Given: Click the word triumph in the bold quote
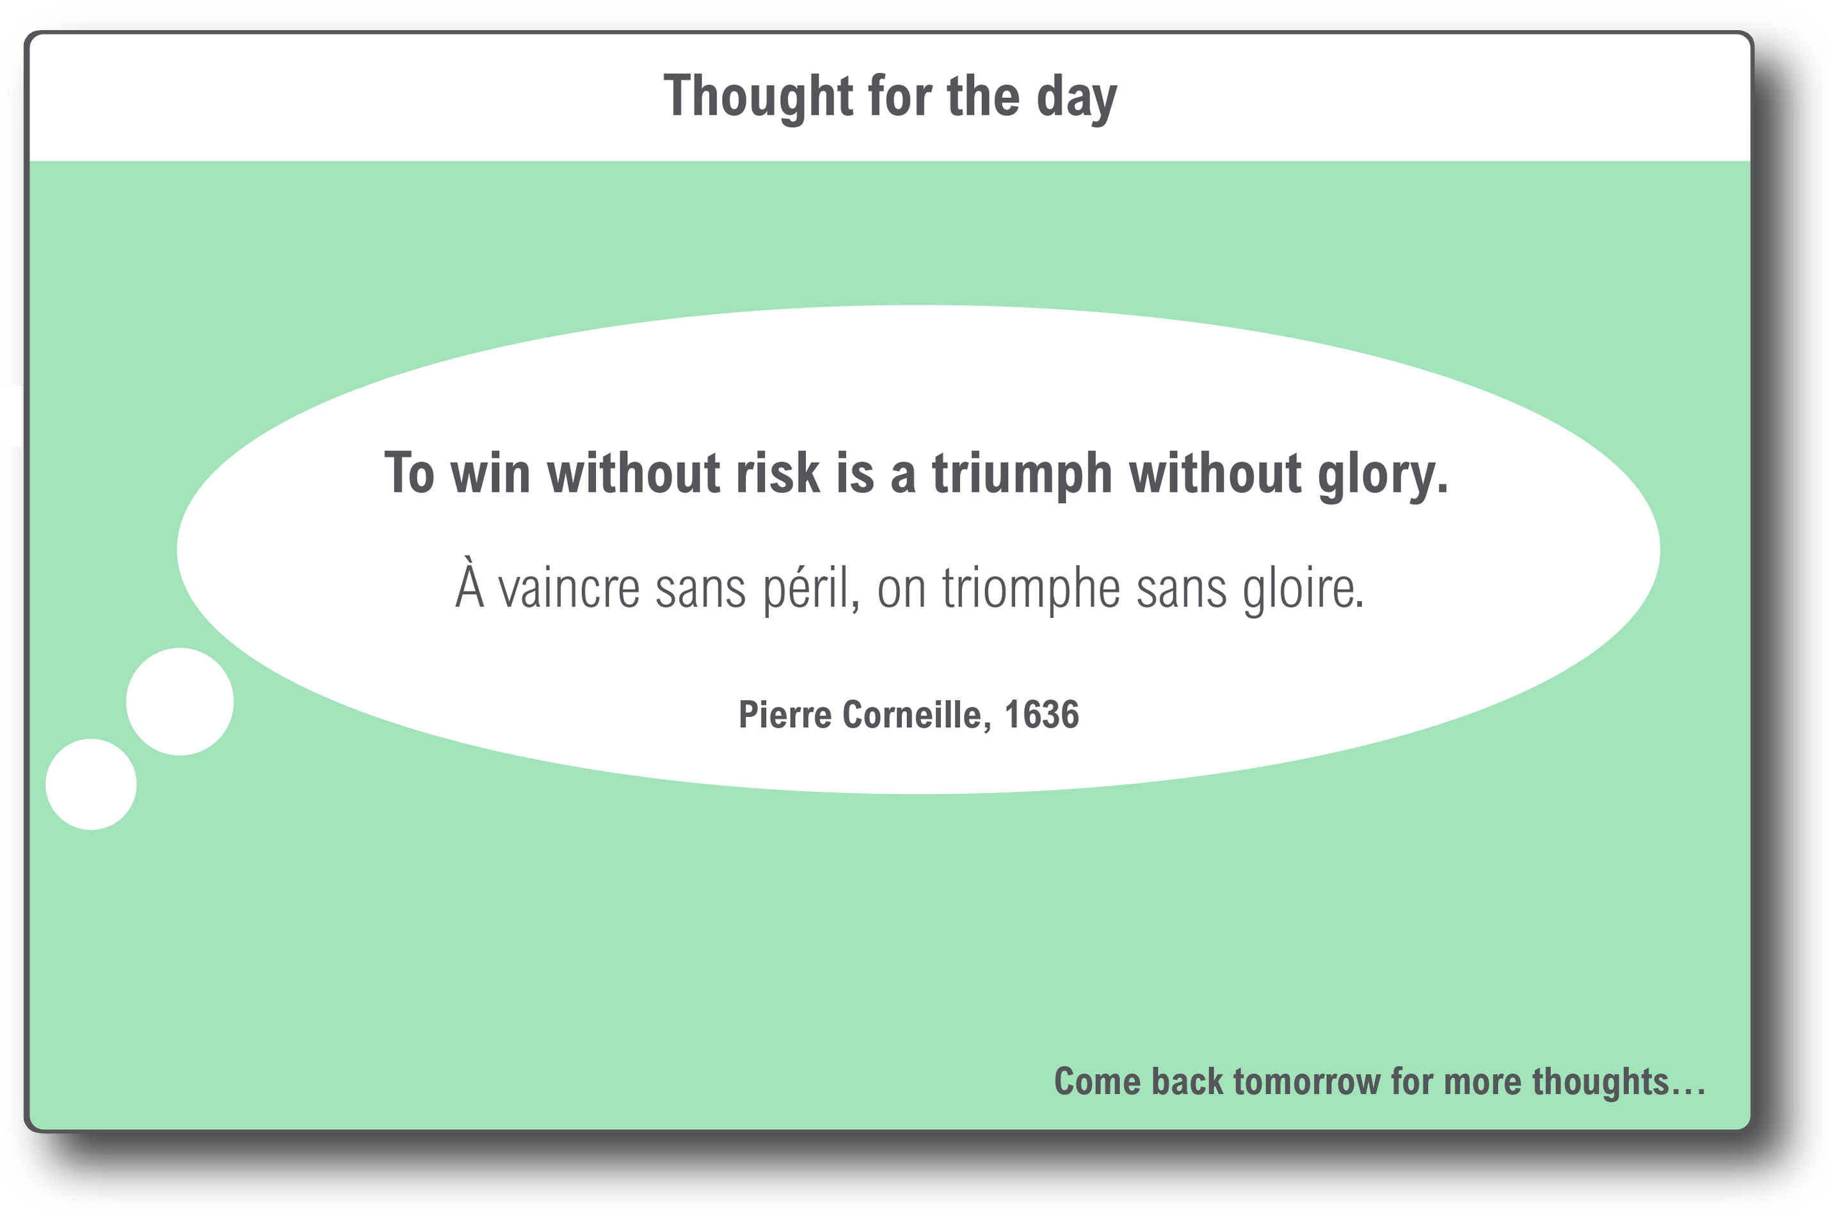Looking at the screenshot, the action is (1022, 476).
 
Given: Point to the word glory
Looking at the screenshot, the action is (1383, 476).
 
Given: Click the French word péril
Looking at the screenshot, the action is (811, 588).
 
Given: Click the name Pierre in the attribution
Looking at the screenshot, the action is (785, 714).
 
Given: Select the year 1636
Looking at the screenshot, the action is (1041, 714).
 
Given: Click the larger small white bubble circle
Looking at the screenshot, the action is (180, 701).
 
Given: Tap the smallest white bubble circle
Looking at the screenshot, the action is (92, 784).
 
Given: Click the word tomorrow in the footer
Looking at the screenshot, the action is (1307, 1082).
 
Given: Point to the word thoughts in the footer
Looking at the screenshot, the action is (1600, 1082).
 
